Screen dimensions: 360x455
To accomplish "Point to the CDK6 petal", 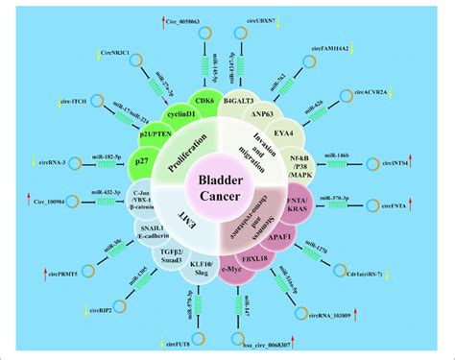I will (x=204, y=99).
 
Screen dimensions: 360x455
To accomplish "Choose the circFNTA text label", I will (x=392, y=206).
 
